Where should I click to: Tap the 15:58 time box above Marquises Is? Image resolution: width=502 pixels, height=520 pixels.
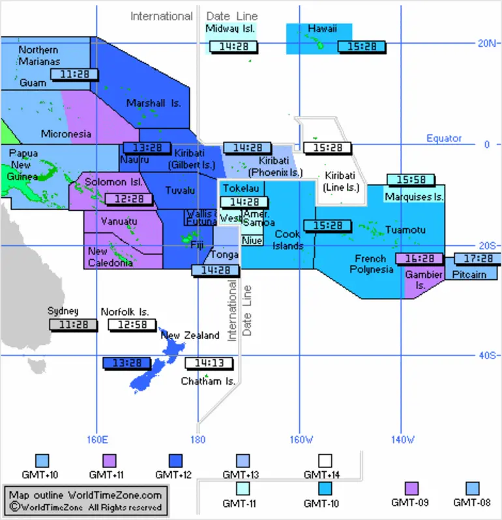click(411, 180)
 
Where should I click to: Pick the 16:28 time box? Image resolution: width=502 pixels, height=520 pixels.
click(420, 258)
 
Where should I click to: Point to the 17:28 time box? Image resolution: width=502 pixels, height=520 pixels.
click(477, 258)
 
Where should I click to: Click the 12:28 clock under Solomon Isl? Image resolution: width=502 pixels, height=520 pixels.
click(125, 198)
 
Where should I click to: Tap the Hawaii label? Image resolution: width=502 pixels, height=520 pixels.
click(322, 29)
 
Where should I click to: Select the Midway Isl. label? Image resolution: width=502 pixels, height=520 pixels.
click(230, 29)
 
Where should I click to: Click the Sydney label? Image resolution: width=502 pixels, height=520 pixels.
click(63, 311)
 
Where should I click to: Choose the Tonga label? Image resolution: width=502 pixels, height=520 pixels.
click(225, 254)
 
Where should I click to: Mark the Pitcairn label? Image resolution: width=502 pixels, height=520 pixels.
click(469, 275)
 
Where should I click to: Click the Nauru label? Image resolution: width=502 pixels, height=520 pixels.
click(135, 160)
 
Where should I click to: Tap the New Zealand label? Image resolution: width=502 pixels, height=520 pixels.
click(190, 336)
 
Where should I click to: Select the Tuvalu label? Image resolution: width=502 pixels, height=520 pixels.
click(180, 191)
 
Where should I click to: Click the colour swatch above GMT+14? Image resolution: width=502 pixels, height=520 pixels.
click(326, 461)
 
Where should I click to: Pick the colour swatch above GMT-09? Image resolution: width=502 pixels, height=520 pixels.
click(412, 488)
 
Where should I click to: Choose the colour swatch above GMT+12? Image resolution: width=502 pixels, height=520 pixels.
click(175, 461)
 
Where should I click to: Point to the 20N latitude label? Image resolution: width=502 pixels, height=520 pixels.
click(487, 43)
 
